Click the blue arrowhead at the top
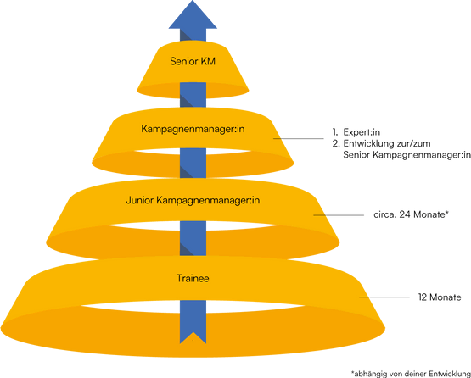193,15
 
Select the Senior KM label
193,62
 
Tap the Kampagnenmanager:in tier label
193,130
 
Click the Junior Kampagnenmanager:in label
193,200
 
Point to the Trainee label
193,278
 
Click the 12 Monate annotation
440,297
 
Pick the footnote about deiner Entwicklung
411,374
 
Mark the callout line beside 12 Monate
384,297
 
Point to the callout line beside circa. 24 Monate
339,215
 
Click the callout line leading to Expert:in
298,139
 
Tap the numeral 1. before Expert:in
335,132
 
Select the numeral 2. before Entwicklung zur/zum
336,144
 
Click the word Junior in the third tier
140,200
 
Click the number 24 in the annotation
405,214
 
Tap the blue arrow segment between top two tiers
193,95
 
